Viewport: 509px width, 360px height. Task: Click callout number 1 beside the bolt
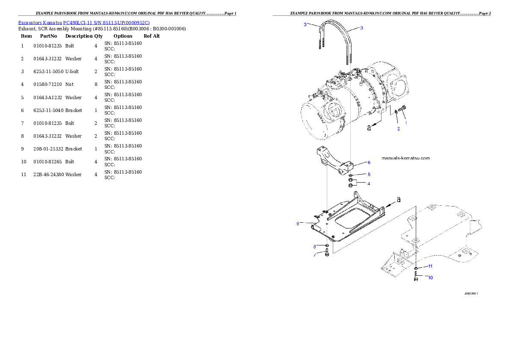click(406, 123)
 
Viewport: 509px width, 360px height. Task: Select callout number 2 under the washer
click(398, 129)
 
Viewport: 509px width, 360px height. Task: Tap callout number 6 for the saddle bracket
click(369, 162)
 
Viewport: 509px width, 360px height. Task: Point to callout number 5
click(369, 174)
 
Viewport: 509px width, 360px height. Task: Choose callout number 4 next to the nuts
click(369, 183)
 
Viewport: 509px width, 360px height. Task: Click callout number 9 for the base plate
click(298, 223)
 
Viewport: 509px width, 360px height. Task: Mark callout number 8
click(314, 246)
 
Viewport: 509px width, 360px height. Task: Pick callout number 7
click(314, 255)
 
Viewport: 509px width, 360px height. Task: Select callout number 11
click(430, 266)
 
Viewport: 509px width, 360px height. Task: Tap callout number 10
click(430, 277)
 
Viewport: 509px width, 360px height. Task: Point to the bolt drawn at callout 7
click(327, 254)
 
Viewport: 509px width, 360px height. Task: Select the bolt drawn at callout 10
click(416, 277)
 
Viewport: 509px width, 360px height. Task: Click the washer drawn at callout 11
click(416, 268)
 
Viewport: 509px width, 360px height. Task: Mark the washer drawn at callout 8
click(327, 246)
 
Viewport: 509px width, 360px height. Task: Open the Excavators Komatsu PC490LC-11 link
click(84, 23)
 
